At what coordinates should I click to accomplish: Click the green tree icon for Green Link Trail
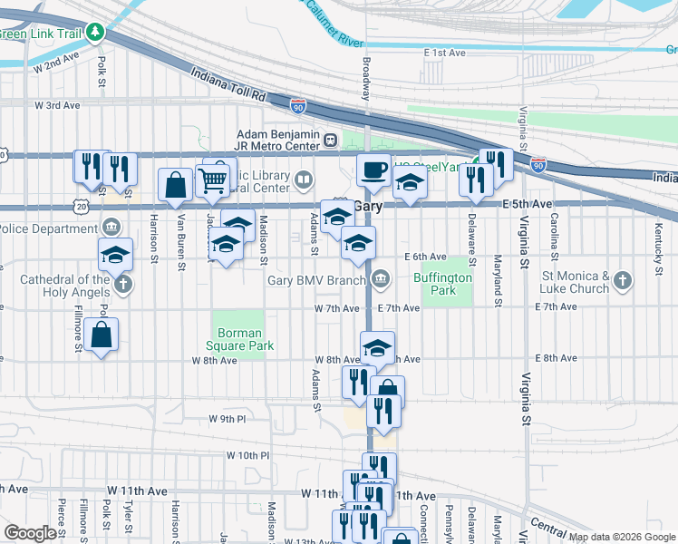coord(95,33)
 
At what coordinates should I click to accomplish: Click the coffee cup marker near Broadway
coord(373,170)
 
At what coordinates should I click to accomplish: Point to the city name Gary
coord(367,207)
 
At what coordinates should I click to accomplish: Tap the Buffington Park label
coord(442,285)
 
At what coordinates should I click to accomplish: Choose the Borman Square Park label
coord(240,339)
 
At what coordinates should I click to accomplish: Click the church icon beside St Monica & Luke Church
coord(622,281)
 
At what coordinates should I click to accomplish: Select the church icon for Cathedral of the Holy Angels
coord(123,285)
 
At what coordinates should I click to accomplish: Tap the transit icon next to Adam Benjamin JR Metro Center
coord(331,141)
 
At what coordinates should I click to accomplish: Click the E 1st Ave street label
coord(444,53)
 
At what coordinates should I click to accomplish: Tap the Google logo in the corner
coord(29,533)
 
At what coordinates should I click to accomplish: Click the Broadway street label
coord(366,79)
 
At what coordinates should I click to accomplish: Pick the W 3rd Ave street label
coord(57,105)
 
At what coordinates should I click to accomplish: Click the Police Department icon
coord(111,226)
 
